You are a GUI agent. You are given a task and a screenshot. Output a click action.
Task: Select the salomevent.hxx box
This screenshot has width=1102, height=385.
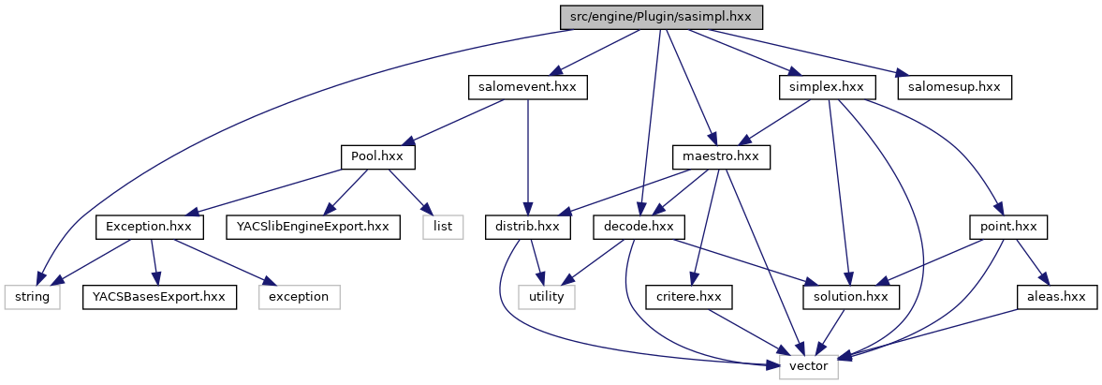527,87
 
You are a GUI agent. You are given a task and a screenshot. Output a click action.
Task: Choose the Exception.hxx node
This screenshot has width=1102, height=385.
149,227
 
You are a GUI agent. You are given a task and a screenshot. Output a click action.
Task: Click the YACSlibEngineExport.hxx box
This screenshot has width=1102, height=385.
313,227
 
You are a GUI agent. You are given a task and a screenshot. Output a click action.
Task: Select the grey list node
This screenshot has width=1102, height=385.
443,227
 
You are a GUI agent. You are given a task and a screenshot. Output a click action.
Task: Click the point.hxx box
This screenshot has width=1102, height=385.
1007,227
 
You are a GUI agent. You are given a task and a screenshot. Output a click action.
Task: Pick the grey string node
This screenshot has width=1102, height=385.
31,297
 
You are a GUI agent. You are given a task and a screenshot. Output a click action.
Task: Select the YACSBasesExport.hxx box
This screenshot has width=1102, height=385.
159,297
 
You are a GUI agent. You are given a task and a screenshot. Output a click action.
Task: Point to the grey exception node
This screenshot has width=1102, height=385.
299,297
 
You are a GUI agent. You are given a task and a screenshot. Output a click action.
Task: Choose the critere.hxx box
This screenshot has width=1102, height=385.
688,297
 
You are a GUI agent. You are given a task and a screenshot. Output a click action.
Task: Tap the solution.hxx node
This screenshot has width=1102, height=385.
851,297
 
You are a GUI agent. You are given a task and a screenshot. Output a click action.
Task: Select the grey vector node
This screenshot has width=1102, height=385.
809,366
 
